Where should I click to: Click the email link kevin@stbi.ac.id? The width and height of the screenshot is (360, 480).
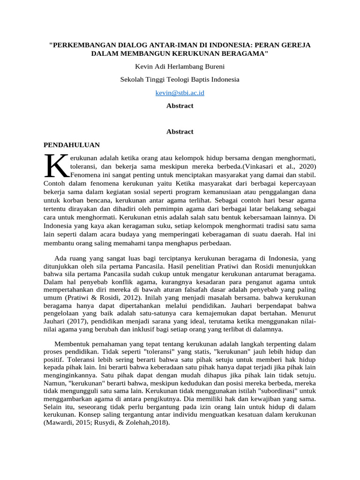pyautogui.click(x=180, y=93)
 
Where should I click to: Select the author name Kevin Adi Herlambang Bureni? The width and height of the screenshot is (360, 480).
pyautogui.click(x=180, y=66)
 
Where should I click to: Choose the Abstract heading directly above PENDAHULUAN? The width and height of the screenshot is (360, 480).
pyautogui.click(x=180, y=132)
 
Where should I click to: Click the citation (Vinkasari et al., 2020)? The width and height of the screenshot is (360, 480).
pyautogui.click(x=279, y=166)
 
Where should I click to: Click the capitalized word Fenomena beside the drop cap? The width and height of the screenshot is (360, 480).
pyautogui.click(x=87, y=174)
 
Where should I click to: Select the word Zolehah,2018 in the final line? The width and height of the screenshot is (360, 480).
pyautogui.click(x=147, y=422)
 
